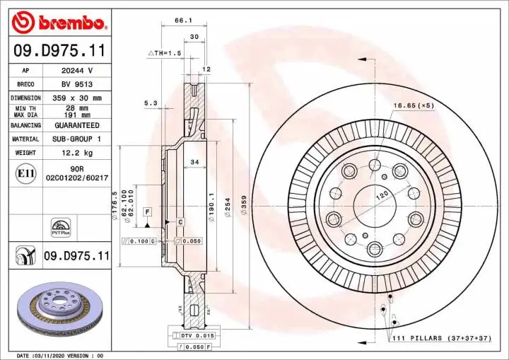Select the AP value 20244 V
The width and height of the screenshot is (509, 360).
coord(76,71)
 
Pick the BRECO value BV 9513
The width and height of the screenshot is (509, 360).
coord(76,84)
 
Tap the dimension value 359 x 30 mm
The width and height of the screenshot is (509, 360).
coord(76,98)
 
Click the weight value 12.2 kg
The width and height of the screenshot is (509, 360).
coord(76,152)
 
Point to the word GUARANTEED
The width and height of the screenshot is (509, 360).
coord(76,124)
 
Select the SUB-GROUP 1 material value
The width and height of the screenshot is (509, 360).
coord(76,139)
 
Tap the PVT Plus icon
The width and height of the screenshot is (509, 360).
coord(60,226)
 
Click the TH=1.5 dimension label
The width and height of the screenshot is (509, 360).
coord(165,54)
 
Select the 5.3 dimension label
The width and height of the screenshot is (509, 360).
coord(151,103)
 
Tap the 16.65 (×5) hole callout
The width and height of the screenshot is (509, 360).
coord(413,105)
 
